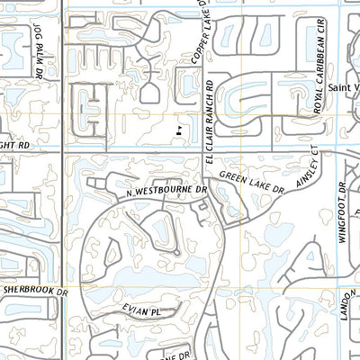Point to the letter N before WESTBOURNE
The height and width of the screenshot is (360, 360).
coord(130,193)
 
